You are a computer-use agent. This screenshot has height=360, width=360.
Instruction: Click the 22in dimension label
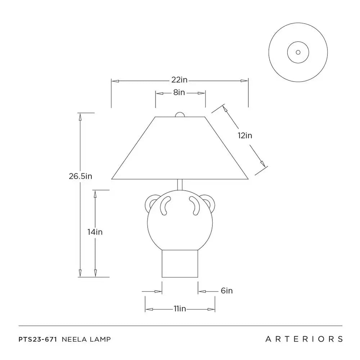tap(179, 80)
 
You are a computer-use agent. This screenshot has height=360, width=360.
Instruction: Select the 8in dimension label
tap(179, 92)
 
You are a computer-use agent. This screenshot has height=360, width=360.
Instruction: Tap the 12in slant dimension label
tap(245, 135)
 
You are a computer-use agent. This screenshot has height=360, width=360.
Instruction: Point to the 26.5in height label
tap(80, 176)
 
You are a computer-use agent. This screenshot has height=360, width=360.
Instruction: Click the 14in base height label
tap(95, 232)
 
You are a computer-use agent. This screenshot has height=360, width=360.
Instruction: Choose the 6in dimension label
tap(226, 290)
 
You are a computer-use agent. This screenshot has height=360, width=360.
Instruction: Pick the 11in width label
tap(180, 308)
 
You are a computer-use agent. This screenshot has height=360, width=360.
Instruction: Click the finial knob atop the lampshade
tap(180, 115)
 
